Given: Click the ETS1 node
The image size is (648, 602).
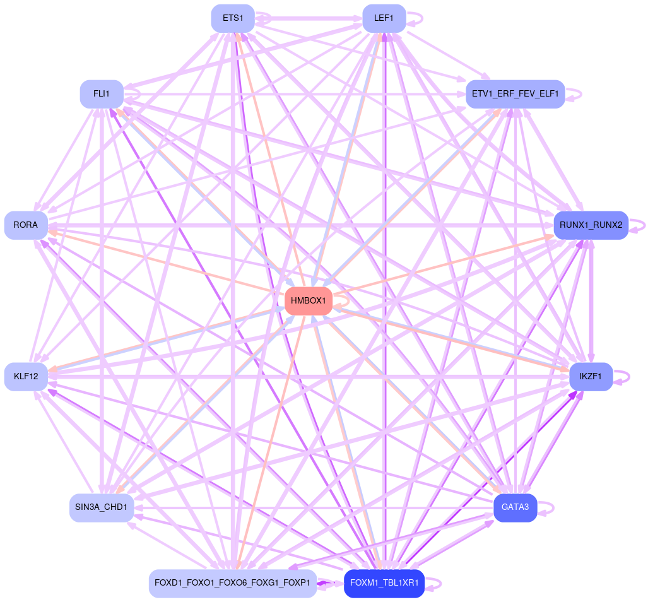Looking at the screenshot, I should pos(233,18).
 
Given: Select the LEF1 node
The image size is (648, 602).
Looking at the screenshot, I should pos(384,18).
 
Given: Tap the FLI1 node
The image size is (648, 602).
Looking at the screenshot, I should pos(101,94).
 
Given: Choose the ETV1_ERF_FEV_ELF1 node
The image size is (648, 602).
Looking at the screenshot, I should pos(515,94).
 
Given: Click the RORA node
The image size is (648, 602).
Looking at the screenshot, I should pos(25,225).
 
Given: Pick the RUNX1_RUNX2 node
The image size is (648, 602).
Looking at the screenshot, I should pos(591,225).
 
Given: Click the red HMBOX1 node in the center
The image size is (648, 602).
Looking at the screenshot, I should pos(309,301).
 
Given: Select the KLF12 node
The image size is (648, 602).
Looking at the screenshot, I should pos(25,377).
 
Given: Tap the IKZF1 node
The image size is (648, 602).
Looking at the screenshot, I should pos(591,377).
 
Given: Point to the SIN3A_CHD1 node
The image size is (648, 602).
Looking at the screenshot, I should pos(101,508).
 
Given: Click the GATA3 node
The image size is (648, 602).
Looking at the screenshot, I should pos(515,508).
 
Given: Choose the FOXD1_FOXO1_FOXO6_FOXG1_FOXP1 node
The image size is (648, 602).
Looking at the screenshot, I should pos(233,582).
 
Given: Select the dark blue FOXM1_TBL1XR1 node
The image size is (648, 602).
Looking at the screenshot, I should pos(384,582).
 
